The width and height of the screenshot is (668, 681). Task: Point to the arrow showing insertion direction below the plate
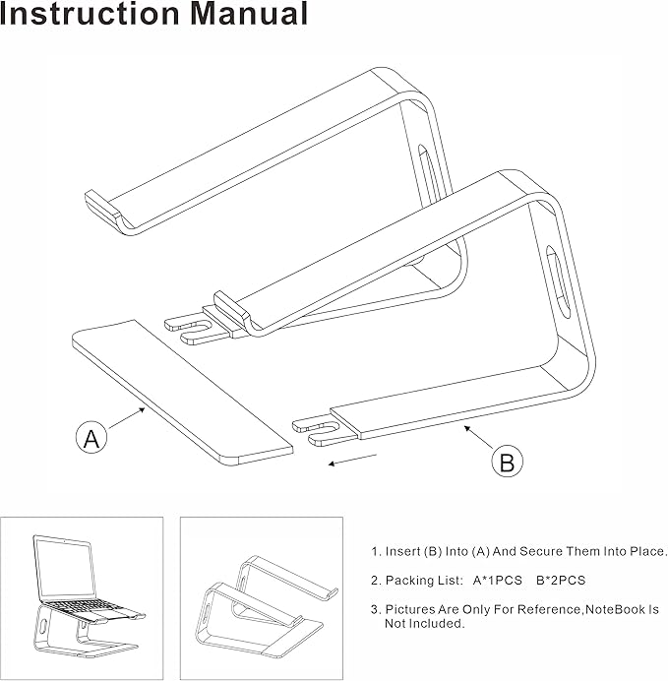352,461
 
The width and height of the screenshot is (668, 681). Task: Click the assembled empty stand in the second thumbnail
261,601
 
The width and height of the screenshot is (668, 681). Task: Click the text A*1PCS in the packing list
496,581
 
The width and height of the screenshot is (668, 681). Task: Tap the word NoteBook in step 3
614,610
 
